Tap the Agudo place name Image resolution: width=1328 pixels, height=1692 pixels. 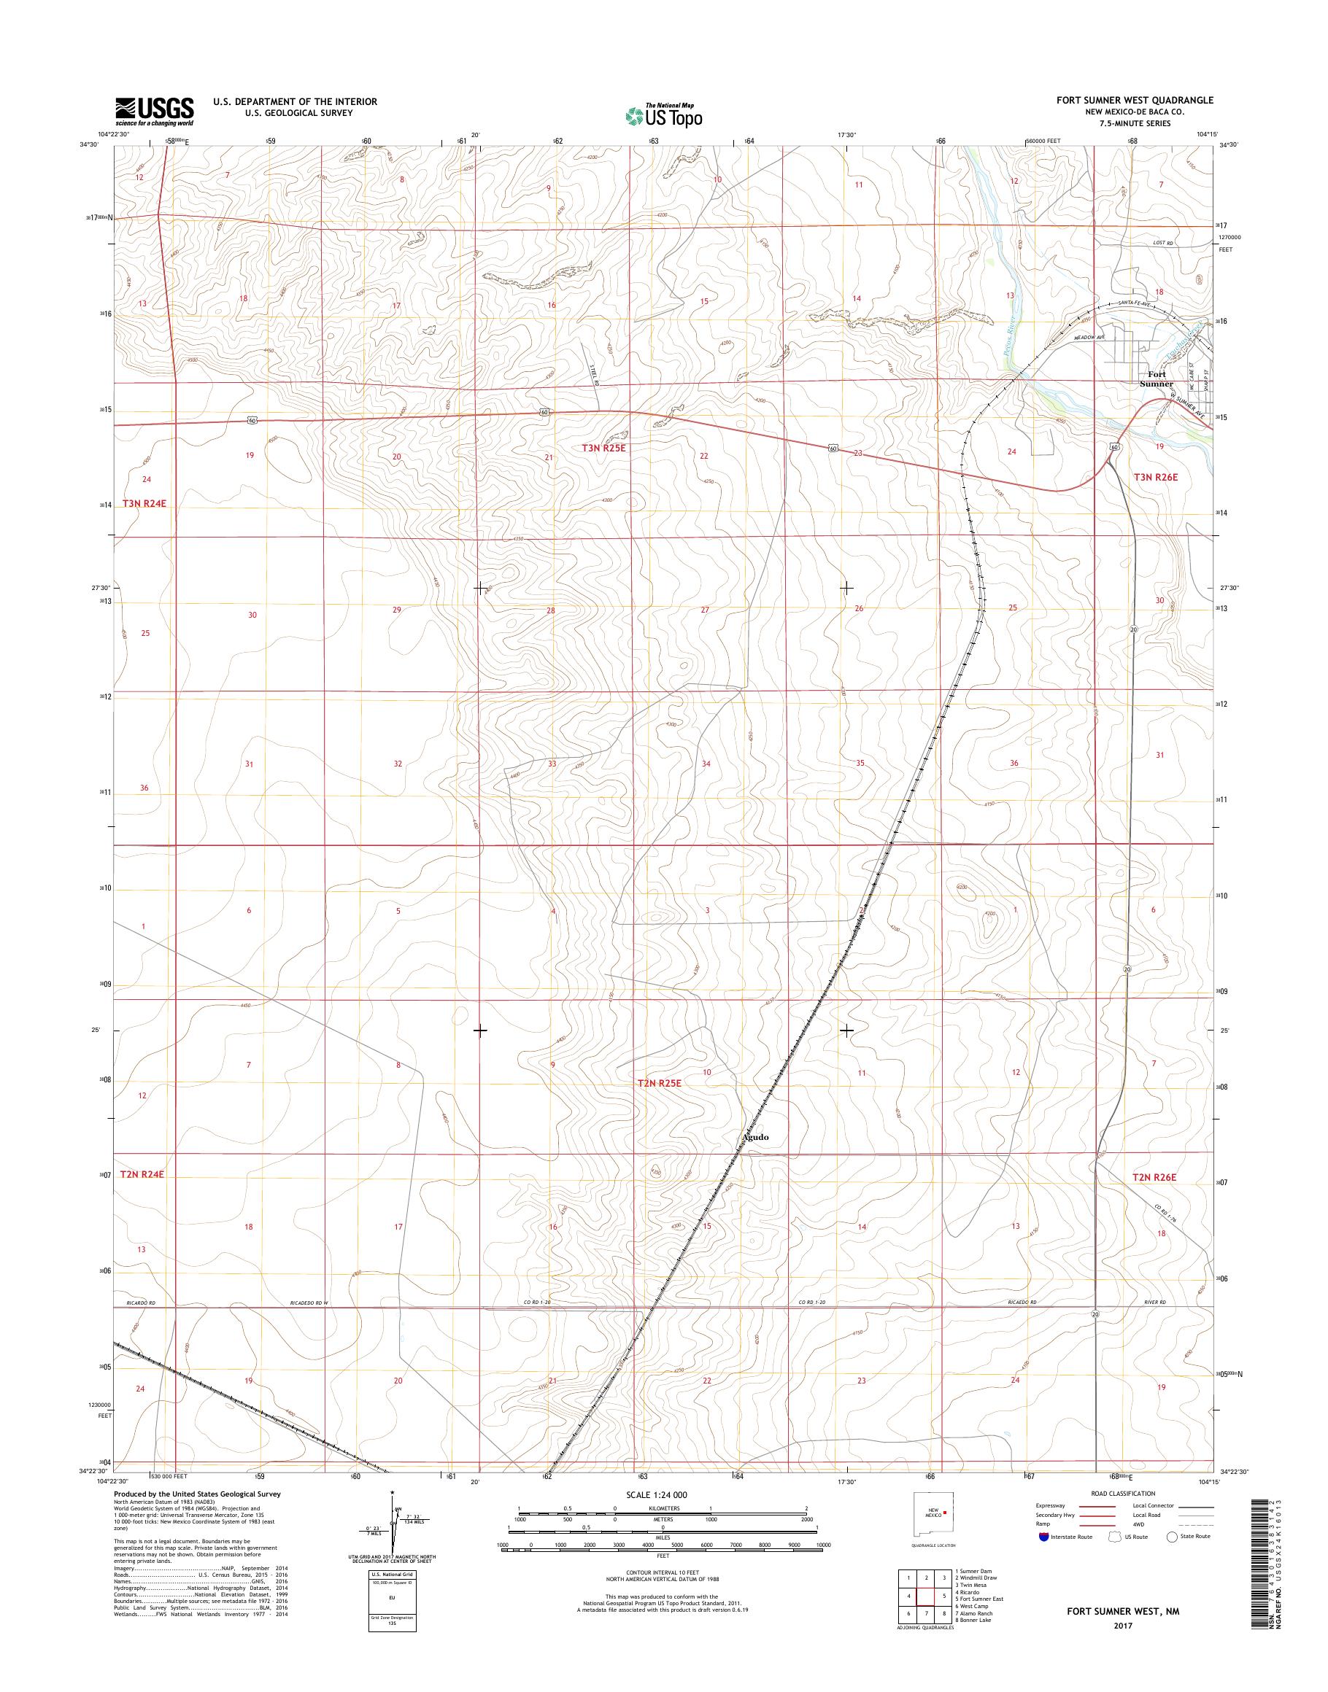point(755,1137)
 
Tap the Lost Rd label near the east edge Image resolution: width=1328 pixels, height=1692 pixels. point(1161,244)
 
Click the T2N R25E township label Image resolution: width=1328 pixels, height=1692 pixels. point(659,1083)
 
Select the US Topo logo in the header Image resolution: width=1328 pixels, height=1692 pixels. point(663,115)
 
